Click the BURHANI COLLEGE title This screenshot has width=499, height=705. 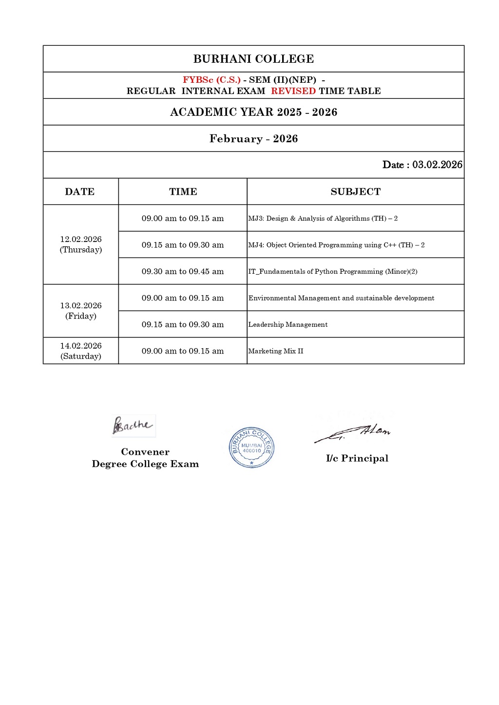(x=253, y=59)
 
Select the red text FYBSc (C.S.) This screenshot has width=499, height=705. (x=211, y=80)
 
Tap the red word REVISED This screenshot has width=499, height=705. (x=293, y=91)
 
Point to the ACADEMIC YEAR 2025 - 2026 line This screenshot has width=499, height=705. (x=253, y=112)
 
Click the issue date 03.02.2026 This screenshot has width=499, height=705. (x=437, y=165)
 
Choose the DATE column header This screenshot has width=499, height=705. (x=80, y=192)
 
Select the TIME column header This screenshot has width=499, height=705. (x=183, y=192)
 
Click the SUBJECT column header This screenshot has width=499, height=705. (x=355, y=192)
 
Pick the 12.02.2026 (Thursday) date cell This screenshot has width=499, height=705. (x=81, y=244)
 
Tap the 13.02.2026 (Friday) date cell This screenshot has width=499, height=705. (x=81, y=311)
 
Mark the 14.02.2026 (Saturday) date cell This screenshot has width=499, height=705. (x=81, y=351)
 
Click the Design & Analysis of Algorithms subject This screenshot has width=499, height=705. (x=323, y=219)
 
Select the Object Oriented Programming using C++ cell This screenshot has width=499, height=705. (x=336, y=245)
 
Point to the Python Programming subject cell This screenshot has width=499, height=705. (x=333, y=272)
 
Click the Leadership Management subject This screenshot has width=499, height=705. (x=288, y=325)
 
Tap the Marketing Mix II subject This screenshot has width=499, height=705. (x=276, y=351)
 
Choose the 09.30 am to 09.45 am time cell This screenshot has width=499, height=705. (x=183, y=272)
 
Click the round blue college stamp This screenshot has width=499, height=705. (x=251, y=447)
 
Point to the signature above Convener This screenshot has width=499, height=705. (x=133, y=425)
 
